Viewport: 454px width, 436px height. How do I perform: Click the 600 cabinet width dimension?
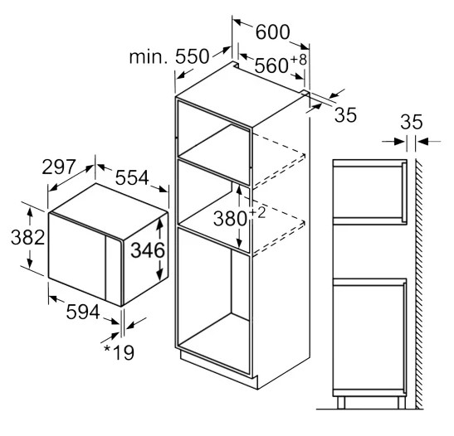coord(273,31)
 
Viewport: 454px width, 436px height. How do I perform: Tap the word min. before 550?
coord(149,57)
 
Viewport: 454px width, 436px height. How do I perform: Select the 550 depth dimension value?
coord(192,56)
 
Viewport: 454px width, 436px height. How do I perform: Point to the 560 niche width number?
coord(271,65)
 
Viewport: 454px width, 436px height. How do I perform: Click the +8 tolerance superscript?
coord(298,60)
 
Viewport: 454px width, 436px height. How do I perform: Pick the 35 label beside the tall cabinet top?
coord(345,114)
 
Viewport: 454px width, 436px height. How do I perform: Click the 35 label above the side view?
coord(412,122)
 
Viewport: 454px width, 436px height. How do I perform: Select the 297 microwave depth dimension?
coord(59,167)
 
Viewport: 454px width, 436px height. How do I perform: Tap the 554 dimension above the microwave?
coord(132,177)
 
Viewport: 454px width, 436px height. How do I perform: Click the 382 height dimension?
coord(27,237)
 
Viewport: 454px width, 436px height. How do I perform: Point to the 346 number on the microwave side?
coord(148,250)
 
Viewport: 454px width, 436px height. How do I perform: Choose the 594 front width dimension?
coord(83,312)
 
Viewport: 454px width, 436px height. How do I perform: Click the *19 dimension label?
coord(119,352)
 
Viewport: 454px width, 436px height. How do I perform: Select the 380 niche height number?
coord(230,218)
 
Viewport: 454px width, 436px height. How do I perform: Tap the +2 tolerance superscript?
coord(257,213)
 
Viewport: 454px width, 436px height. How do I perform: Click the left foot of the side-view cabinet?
coord(341,403)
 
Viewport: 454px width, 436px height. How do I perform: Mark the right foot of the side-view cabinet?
coord(402,403)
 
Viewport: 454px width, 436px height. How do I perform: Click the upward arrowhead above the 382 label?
coord(30,212)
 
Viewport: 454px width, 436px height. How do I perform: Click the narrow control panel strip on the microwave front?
coord(114,269)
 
